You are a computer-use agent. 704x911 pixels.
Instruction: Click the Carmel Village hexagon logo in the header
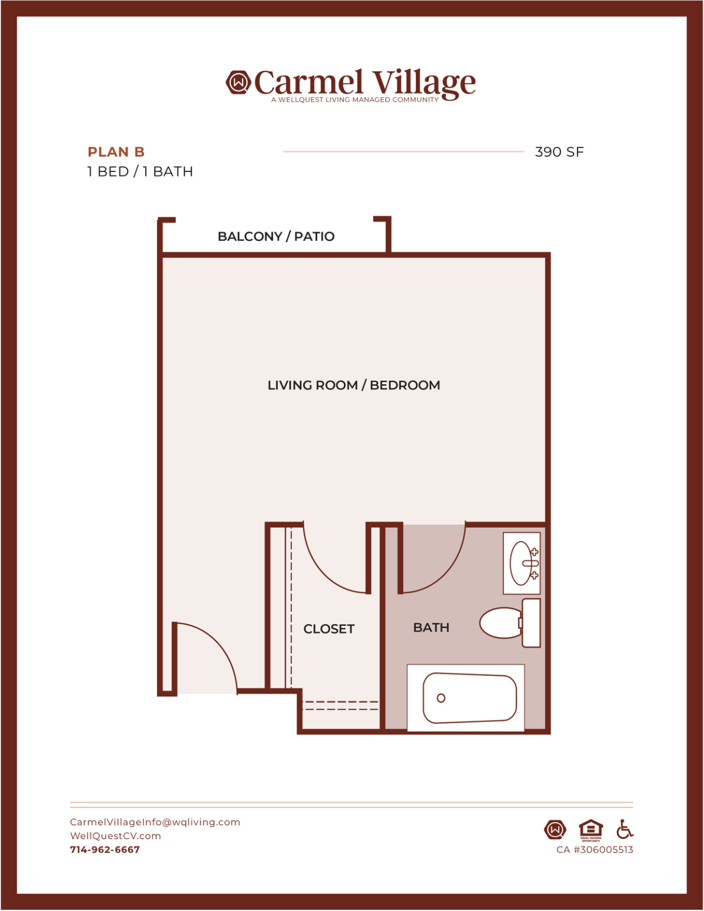(x=238, y=82)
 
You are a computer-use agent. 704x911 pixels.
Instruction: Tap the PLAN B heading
(x=116, y=152)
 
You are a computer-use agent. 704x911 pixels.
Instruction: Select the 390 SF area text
(x=559, y=152)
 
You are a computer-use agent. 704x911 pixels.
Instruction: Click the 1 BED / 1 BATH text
(x=140, y=171)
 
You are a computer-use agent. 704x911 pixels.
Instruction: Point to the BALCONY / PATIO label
(x=276, y=237)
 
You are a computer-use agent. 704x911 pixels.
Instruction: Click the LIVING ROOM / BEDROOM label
(x=353, y=385)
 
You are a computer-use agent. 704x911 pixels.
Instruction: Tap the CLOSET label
(x=329, y=629)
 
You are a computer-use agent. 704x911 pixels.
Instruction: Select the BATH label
(x=431, y=627)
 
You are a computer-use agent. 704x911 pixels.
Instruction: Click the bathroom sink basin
(x=521, y=563)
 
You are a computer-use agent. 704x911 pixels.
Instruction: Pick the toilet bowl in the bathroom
(x=500, y=623)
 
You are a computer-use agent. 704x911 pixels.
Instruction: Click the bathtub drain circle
(x=441, y=698)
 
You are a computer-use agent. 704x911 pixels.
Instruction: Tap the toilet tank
(x=531, y=623)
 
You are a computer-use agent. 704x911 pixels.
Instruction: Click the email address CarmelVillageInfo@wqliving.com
(x=155, y=822)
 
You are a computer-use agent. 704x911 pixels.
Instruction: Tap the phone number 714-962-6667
(x=105, y=850)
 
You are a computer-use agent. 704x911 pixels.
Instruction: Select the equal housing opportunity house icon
(x=591, y=830)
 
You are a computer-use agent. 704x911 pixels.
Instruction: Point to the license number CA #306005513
(x=595, y=850)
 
